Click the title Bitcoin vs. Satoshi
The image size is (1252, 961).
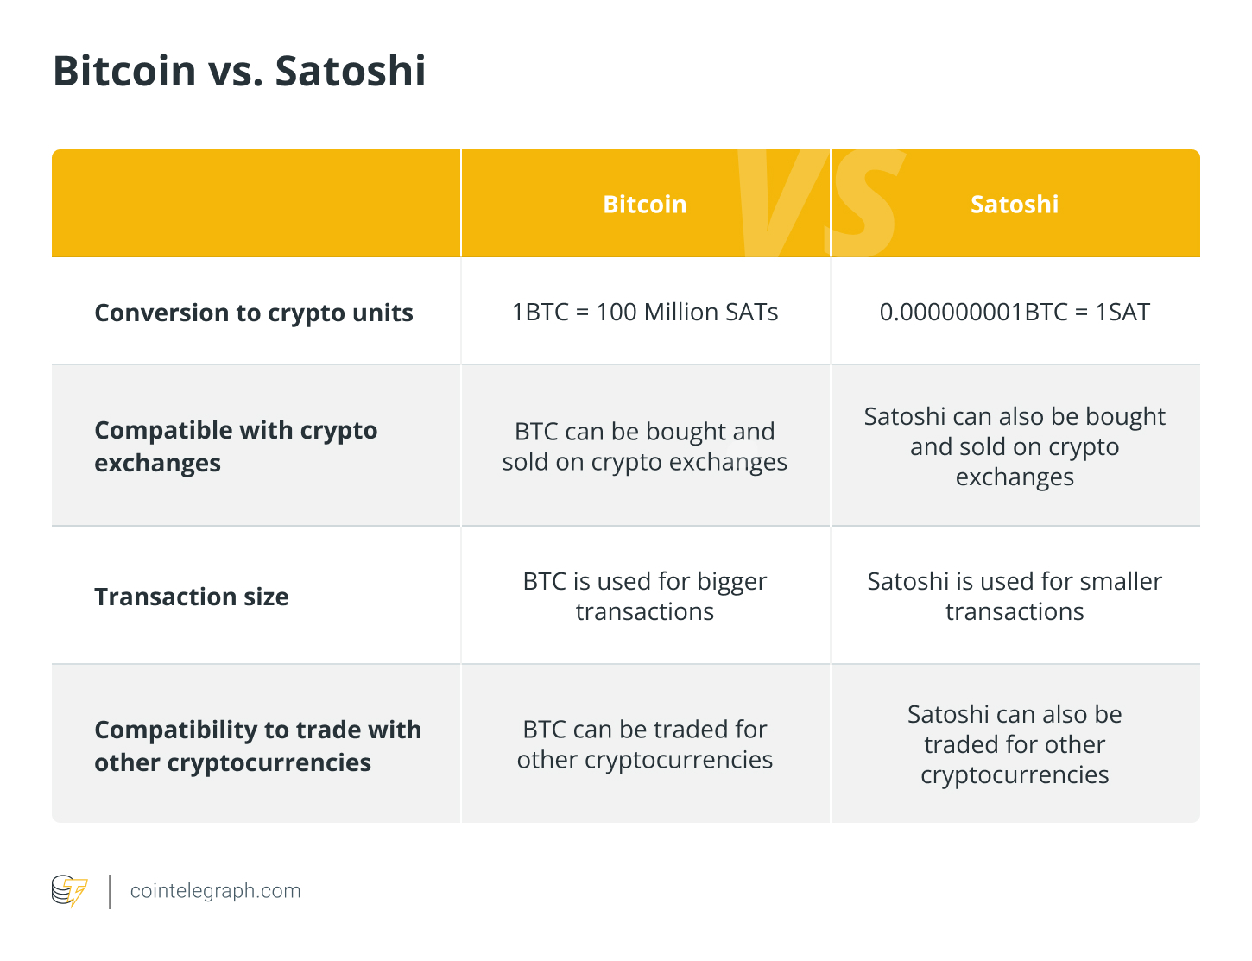click(x=239, y=71)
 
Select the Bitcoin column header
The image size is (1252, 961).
click(x=644, y=205)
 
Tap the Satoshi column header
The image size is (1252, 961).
click(x=1014, y=205)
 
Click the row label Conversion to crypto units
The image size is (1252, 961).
click(x=254, y=313)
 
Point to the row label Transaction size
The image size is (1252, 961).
click(x=192, y=597)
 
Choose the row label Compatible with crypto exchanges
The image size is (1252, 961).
click(x=236, y=446)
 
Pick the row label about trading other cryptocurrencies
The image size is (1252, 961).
click(x=257, y=746)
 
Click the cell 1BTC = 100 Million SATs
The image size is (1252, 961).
click(x=644, y=312)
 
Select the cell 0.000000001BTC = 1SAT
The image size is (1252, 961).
click(x=1014, y=312)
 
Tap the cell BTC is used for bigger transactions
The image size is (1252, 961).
click(x=644, y=597)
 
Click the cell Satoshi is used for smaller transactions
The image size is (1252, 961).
click(x=1014, y=597)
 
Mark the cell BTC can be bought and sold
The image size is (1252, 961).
click(x=644, y=446)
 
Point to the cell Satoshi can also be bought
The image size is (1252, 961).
click(x=1014, y=446)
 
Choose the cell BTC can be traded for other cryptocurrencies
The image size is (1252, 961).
click(x=644, y=744)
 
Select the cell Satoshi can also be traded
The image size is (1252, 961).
click(x=1014, y=744)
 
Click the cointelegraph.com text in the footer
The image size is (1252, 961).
click(x=215, y=891)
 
